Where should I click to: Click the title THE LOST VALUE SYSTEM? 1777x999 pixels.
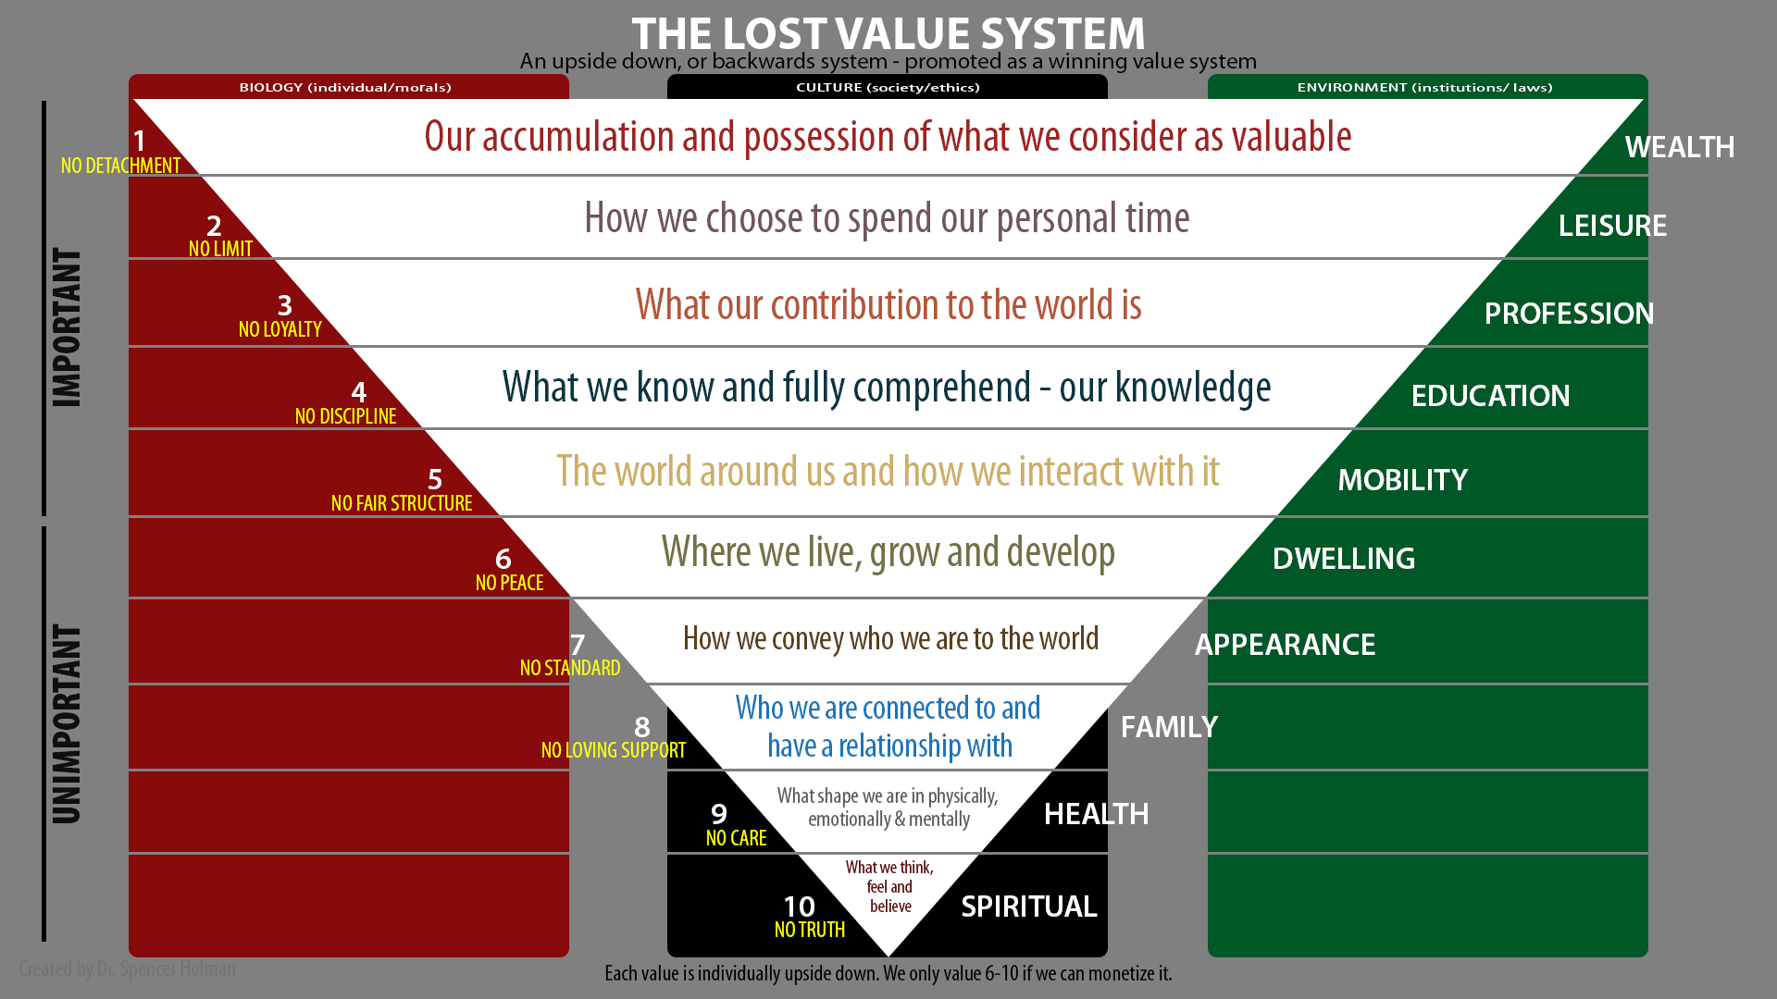(x=888, y=33)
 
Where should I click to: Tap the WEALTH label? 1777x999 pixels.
(x=1680, y=147)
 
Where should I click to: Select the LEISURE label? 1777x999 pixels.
(x=1612, y=226)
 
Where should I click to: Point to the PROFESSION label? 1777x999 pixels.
(x=1569, y=314)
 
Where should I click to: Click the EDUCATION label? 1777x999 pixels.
(x=1490, y=396)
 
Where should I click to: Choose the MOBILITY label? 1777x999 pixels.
(x=1402, y=480)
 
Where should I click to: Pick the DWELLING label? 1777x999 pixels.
(x=1344, y=559)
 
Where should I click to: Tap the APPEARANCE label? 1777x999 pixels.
(x=1285, y=645)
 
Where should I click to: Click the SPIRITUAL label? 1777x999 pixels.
(x=1028, y=906)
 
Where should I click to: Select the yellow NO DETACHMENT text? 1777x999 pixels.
(x=120, y=166)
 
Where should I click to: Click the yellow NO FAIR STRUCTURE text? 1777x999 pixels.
(x=402, y=503)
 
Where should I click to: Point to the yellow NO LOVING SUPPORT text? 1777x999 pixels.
(x=614, y=750)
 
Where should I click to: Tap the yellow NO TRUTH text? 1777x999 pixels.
(x=810, y=930)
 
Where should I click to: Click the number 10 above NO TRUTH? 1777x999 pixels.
(x=799, y=906)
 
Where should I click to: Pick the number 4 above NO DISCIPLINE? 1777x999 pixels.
(x=359, y=392)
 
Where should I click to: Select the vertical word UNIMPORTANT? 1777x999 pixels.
(x=67, y=724)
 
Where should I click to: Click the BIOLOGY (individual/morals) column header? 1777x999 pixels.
(x=345, y=87)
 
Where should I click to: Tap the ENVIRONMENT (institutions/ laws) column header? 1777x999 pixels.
(x=1424, y=87)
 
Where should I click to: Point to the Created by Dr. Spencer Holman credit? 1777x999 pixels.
(x=127, y=968)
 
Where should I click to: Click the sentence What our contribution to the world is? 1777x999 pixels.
(x=888, y=304)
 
